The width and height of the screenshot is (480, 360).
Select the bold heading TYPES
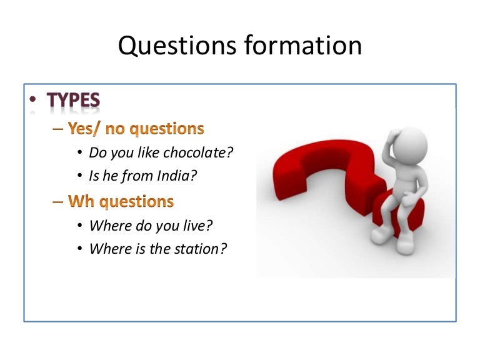tap(73, 101)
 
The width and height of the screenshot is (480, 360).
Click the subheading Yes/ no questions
tap(136, 129)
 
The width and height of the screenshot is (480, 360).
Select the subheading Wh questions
tap(121, 201)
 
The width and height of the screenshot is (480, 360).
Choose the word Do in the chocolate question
tap(97, 152)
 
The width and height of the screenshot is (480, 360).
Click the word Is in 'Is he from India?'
tap(94, 176)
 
